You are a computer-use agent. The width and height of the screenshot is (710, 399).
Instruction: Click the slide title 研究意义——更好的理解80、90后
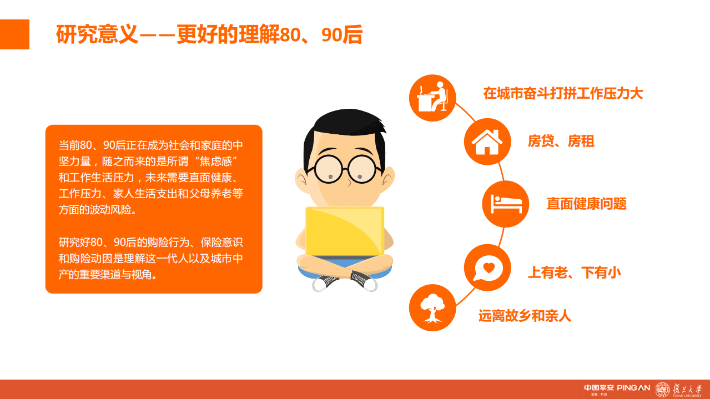(209, 35)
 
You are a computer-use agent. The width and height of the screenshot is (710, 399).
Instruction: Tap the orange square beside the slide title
(14, 34)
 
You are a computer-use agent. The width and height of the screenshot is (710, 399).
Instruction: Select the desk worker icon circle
(432, 98)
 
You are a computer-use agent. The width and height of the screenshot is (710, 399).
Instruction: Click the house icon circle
(487, 142)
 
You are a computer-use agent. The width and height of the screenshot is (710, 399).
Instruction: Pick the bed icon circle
(506, 204)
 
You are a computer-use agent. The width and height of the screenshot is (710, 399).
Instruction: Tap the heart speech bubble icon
(487, 267)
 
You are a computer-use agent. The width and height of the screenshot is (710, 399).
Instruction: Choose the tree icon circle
(432, 307)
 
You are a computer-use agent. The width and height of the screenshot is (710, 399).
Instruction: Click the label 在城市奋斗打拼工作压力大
(563, 93)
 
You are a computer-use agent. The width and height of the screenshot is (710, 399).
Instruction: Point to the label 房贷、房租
(561, 142)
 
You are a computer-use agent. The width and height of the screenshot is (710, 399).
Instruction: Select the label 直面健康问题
(586, 204)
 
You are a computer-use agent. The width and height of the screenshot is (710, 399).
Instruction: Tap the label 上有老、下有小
(573, 272)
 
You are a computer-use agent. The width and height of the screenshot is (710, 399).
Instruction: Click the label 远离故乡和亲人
(525, 316)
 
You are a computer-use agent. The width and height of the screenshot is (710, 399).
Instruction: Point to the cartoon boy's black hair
(344, 128)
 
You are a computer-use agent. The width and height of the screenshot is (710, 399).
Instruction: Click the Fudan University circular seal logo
(662, 390)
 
